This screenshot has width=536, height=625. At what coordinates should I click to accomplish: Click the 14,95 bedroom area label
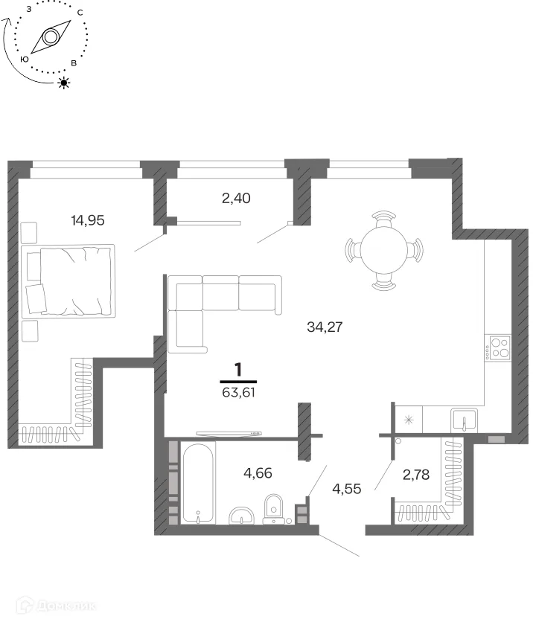coord(88,220)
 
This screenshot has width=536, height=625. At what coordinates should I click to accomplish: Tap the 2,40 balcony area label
coord(236,198)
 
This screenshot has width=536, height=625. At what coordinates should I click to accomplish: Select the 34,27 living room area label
coord(325,327)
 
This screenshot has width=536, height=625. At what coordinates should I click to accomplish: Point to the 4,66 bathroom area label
coord(258,473)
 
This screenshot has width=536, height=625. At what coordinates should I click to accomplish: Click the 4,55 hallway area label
coord(347,489)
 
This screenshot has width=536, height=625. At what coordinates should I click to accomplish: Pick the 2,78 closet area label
coord(416,475)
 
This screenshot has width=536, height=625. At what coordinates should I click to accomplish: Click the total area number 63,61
coord(238,393)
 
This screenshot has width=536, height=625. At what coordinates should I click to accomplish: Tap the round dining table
coord(384,250)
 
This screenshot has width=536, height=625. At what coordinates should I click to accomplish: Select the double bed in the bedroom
coord(68,281)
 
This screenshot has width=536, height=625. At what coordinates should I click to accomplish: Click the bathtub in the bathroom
coord(198,482)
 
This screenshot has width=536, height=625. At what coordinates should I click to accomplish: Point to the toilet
coord(273,509)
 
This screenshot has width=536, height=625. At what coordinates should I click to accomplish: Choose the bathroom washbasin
coord(242,516)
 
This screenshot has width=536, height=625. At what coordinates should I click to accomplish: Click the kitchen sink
coord(464,420)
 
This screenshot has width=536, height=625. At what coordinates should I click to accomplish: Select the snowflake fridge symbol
coord(409,420)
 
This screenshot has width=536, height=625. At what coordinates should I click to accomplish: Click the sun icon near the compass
coord(64,83)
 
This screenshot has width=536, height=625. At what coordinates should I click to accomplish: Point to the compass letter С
coord(80,13)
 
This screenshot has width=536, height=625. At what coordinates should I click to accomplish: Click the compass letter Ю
coord(25,60)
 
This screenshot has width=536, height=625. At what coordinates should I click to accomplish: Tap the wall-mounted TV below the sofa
coord(229,433)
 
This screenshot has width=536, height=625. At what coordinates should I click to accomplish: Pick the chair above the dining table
coord(383,219)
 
